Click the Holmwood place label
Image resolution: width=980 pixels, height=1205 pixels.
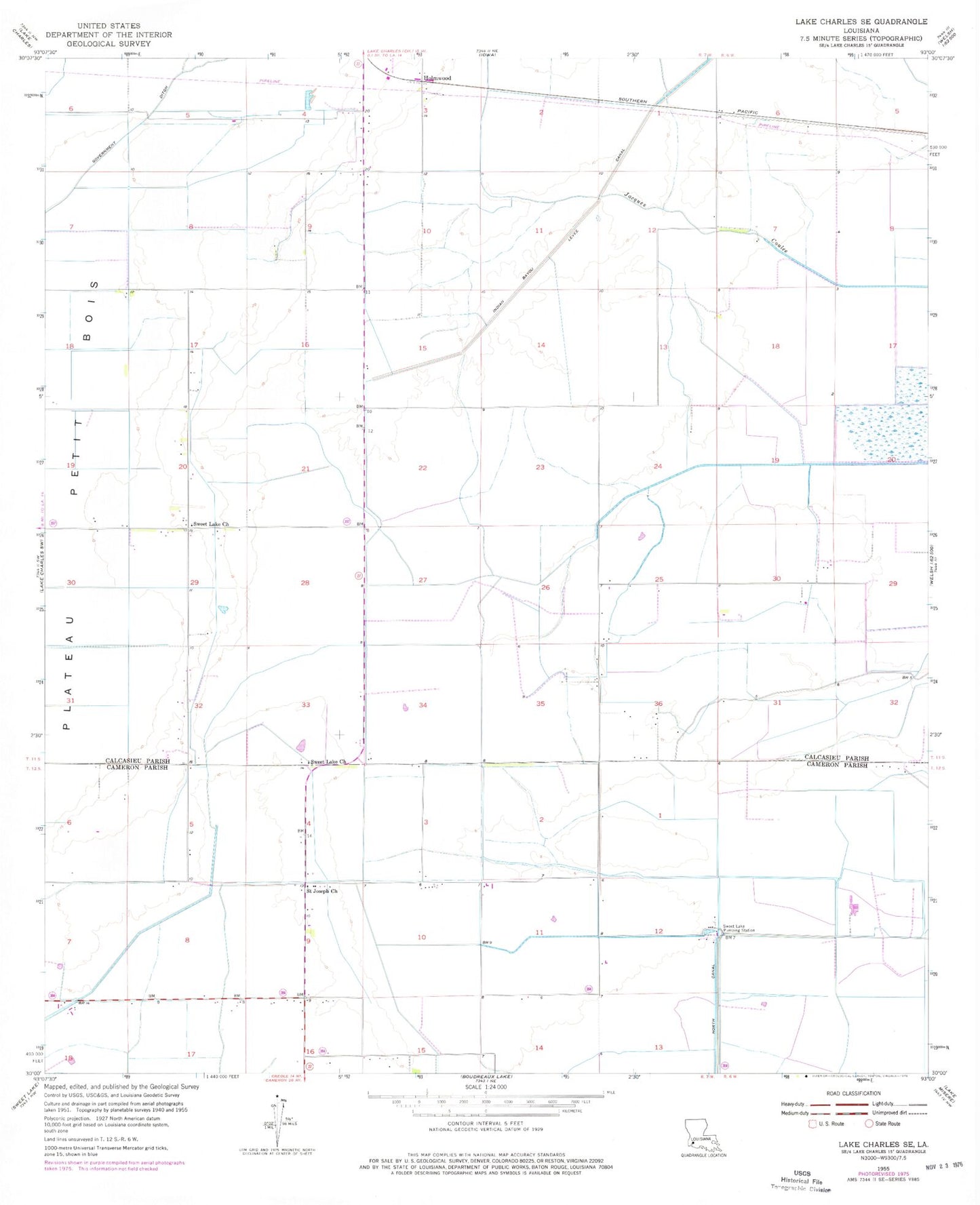coord(437,78)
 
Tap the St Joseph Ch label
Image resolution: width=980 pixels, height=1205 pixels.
coord(321,891)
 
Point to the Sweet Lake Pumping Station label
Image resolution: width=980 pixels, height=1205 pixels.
coord(739,928)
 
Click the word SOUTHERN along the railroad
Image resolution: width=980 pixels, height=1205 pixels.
coord(632,100)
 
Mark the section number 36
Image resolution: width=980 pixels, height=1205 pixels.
coord(658,704)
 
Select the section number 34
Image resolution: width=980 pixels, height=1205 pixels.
coord(423,705)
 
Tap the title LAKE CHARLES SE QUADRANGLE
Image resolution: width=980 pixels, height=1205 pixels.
coord(861,22)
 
